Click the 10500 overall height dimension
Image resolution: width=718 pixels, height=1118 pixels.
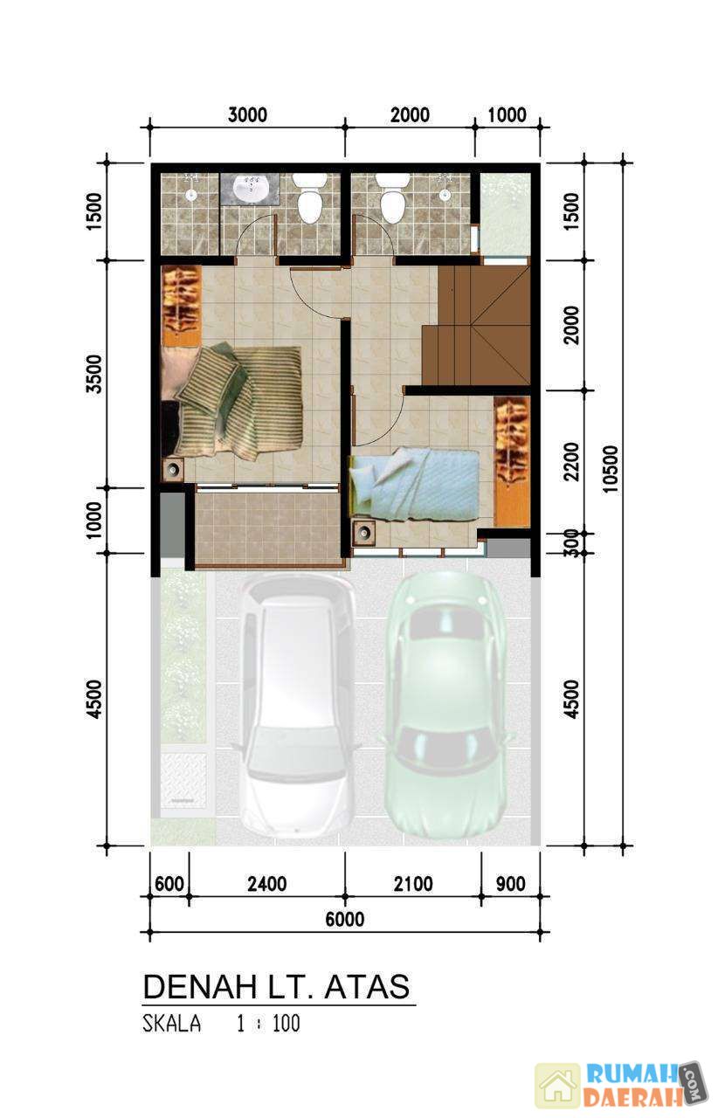(x=610, y=468)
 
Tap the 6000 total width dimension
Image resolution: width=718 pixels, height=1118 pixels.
(x=344, y=919)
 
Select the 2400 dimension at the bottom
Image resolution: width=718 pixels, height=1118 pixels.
(x=267, y=884)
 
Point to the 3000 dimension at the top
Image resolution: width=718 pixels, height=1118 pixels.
(x=248, y=114)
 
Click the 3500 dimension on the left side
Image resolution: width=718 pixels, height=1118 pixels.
(x=93, y=374)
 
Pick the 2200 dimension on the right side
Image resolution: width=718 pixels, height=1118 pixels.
(x=571, y=462)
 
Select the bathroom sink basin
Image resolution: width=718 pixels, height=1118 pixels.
(x=249, y=188)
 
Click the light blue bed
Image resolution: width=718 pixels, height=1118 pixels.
(x=414, y=484)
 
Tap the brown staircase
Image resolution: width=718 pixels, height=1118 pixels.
(x=475, y=325)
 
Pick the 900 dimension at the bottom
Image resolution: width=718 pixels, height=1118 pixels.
(x=510, y=884)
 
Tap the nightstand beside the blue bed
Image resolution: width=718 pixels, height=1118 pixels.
(x=364, y=532)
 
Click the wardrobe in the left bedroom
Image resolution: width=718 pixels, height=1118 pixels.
(x=182, y=305)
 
